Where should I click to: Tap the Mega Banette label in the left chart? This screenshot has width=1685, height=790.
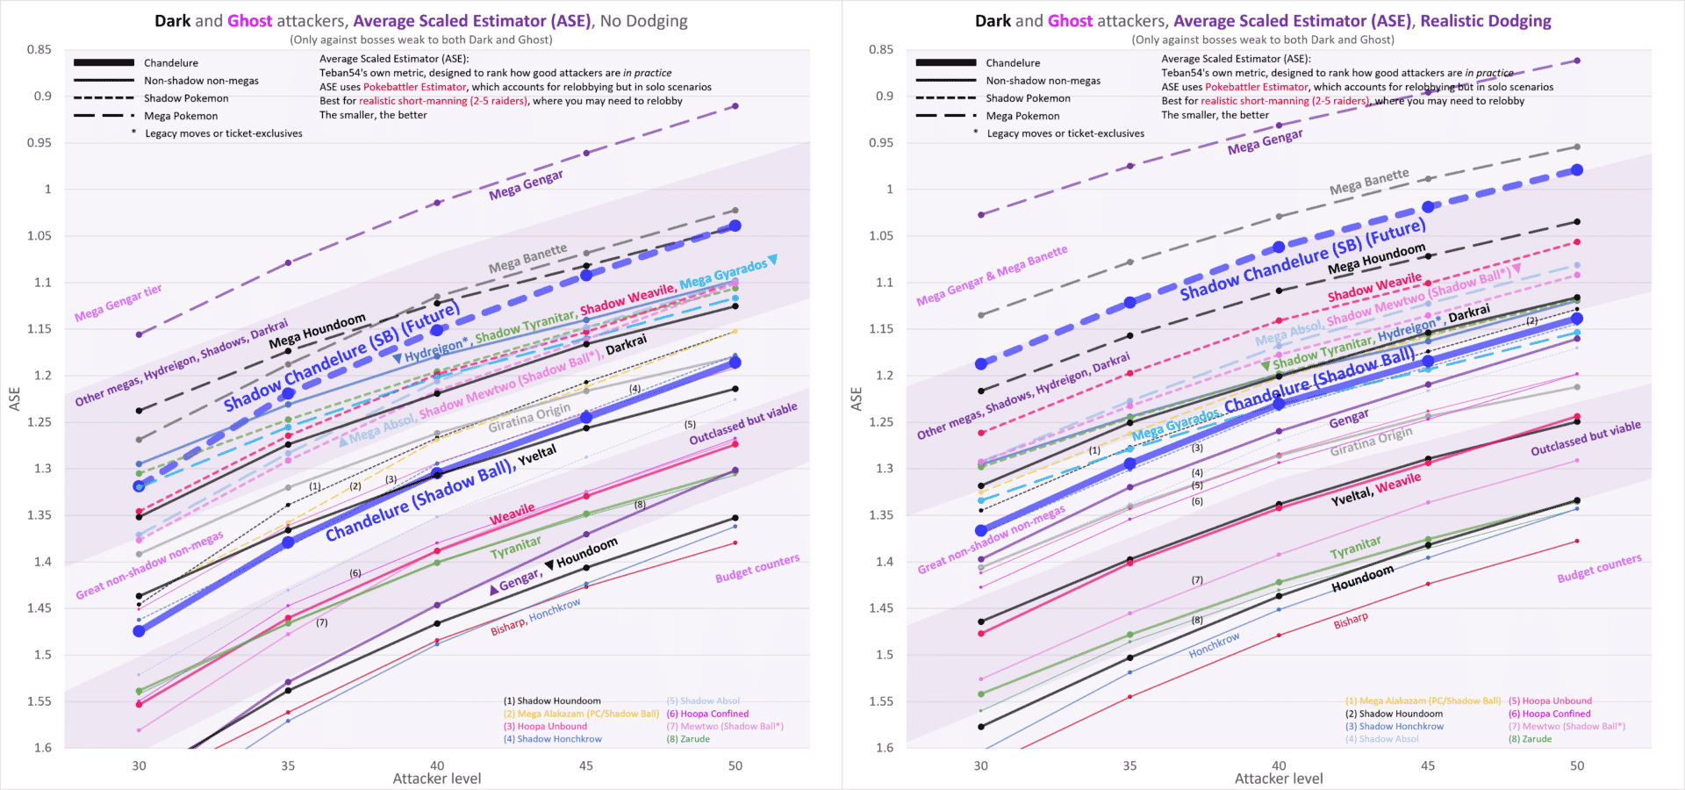pos(527,259)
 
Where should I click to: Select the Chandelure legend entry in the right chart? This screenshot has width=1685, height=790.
pos(1013,63)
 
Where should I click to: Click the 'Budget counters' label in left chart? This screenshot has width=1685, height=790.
pos(756,568)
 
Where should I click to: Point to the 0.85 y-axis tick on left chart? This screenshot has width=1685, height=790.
pos(39,50)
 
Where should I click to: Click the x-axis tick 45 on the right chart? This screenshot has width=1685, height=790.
pos(1428,765)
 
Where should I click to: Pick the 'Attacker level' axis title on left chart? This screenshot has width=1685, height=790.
pos(436,779)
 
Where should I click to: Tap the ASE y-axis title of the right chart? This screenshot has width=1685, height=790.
pos(857,399)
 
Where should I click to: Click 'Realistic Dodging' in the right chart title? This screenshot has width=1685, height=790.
pos(1485,21)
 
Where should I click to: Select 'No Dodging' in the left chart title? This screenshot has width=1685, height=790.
pos(643,21)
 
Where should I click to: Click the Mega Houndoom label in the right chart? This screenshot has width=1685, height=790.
pos(1376,259)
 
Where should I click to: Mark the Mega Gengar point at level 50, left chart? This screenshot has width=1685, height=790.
pos(735,106)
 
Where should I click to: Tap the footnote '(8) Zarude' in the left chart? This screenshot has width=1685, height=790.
pos(688,739)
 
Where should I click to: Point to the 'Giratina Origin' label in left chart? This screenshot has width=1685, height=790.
pos(529,418)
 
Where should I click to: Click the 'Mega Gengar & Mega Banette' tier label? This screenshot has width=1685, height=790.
pos(992,276)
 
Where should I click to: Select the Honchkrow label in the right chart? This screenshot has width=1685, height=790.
pos(1214,645)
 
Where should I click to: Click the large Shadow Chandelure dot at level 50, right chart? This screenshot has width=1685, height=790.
pos(1577,170)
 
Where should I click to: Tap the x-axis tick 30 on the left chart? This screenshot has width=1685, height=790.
pos(139,765)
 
